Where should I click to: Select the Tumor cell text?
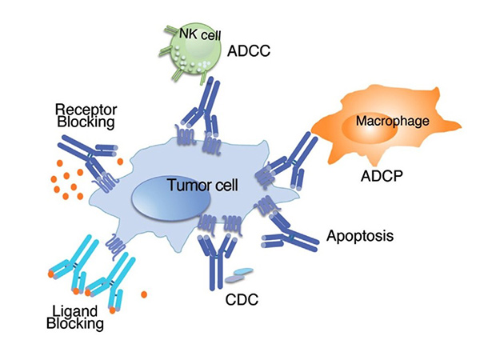click(199, 186)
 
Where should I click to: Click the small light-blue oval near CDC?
click(237, 277)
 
